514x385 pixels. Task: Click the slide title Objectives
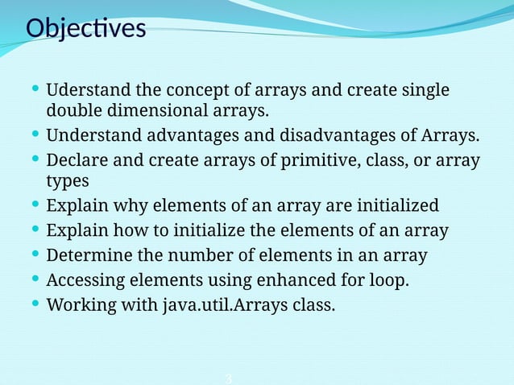(x=85, y=28)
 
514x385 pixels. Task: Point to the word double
(x=73, y=110)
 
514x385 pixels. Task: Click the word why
(x=124, y=205)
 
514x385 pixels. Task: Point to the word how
(x=126, y=230)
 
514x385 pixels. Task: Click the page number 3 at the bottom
(x=229, y=379)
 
